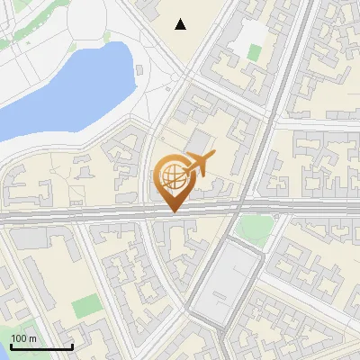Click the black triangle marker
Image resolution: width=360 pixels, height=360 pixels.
[181, 24]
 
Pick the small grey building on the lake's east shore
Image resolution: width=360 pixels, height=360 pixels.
[140, 70]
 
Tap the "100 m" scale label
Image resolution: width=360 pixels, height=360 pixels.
[24, 338]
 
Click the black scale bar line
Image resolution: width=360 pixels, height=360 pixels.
[41, 346]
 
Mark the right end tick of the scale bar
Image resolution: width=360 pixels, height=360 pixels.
[72, 345]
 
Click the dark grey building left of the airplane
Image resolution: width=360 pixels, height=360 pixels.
[198, 142]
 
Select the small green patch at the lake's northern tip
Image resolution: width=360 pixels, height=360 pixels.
[107, 37]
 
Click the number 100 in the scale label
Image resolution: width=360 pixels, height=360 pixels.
[19, 338]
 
